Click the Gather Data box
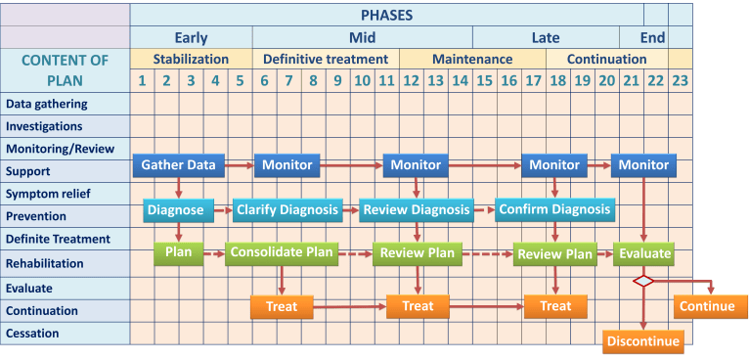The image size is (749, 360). (178, 165)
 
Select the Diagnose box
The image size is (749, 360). (177, 209)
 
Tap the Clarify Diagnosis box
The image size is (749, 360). (287, 209)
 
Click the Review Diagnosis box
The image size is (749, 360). (416, 209)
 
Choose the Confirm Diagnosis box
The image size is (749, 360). (553, 209)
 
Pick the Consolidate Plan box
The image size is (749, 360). (280, 253)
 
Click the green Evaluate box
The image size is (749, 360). (643, 253)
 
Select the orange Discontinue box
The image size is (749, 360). (641, 341)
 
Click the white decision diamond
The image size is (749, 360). (643, 282)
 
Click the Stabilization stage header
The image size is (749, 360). (191, 59)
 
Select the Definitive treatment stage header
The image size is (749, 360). (326, 59)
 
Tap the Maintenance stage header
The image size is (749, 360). (472, 59)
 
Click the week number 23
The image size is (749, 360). (680, 80)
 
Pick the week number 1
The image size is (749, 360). (143, 80)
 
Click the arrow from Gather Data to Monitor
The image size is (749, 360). (240, 166)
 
